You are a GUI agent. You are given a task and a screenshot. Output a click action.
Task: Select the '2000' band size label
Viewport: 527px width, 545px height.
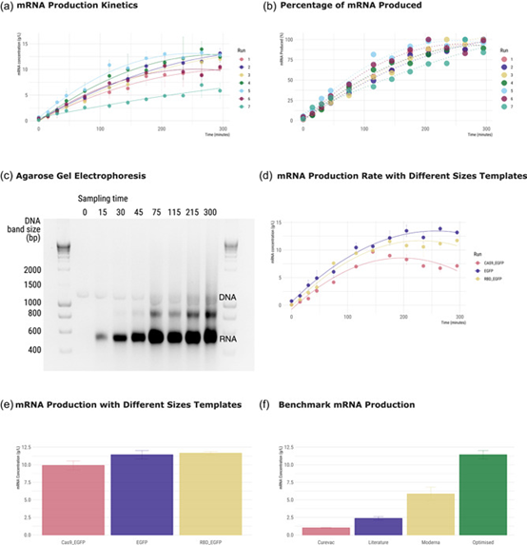[34, 270]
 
